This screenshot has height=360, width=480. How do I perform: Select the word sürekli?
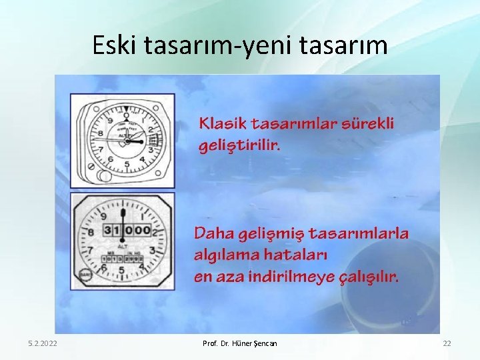click(369, 123)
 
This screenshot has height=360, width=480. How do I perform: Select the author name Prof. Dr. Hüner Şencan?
click(239, 343)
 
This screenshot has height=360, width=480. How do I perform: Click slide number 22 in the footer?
click(447, 343)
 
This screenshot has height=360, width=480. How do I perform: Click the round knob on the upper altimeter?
click(104, 175)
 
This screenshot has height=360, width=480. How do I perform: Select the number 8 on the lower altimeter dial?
click(91, 233)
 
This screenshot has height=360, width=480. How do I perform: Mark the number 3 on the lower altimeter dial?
click(153, 251)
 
